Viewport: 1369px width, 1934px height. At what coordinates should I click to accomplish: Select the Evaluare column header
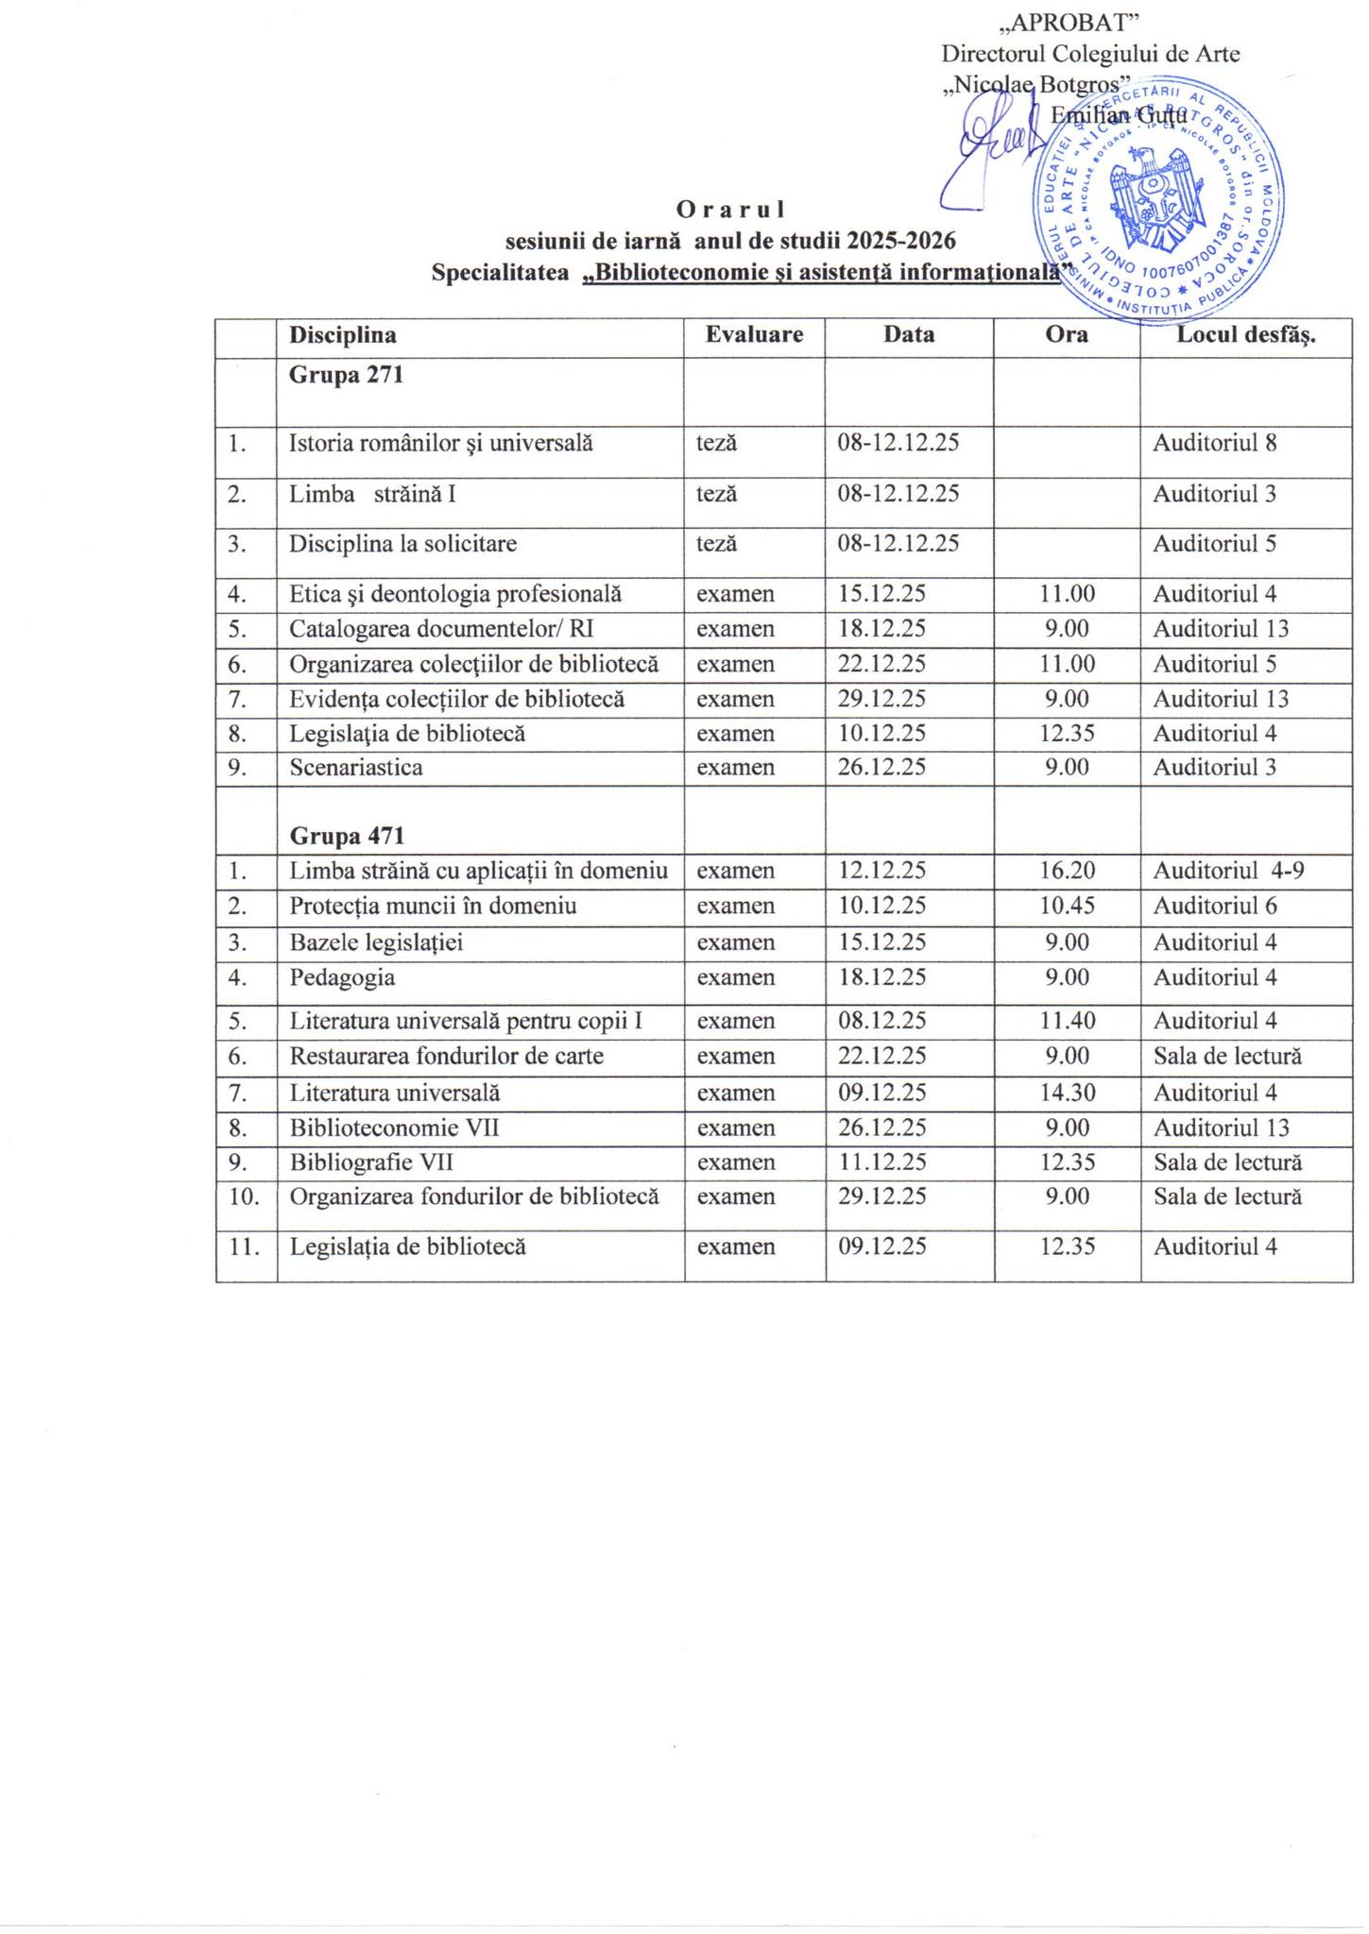click(x=754, y=335)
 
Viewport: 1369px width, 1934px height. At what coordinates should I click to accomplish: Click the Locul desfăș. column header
click(x=1245, y=335)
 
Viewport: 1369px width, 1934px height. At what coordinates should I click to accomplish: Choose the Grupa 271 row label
click(x=346, y=375)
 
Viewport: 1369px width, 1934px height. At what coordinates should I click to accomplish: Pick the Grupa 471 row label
click(x=347, y=836)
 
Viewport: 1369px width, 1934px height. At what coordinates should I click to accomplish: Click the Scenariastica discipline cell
click(x=356, y=768)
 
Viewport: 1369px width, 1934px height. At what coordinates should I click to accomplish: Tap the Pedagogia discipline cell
click(x=342, y=977)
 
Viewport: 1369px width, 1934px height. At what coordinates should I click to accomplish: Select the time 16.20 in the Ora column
click(x=1068, y=871)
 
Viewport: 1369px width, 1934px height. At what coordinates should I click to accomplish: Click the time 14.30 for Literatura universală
click(x=1068, y=1094)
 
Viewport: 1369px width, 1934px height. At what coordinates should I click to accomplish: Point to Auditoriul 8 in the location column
click(x=1215, y=443)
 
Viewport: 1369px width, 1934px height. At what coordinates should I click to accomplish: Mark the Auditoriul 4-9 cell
click(x=1228, y=871)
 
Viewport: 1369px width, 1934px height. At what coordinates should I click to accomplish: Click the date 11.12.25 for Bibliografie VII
click(x=882, y=1162)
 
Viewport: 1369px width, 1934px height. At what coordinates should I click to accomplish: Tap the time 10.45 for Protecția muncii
click(x=1068, y=907)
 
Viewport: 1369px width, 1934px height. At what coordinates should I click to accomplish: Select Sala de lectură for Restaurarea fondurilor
click(x=1227, y=1056)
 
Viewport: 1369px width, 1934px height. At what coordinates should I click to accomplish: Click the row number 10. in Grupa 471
click(x=244, y=1196)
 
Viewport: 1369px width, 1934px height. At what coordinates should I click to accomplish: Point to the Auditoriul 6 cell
click(x=1215, y=907)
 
